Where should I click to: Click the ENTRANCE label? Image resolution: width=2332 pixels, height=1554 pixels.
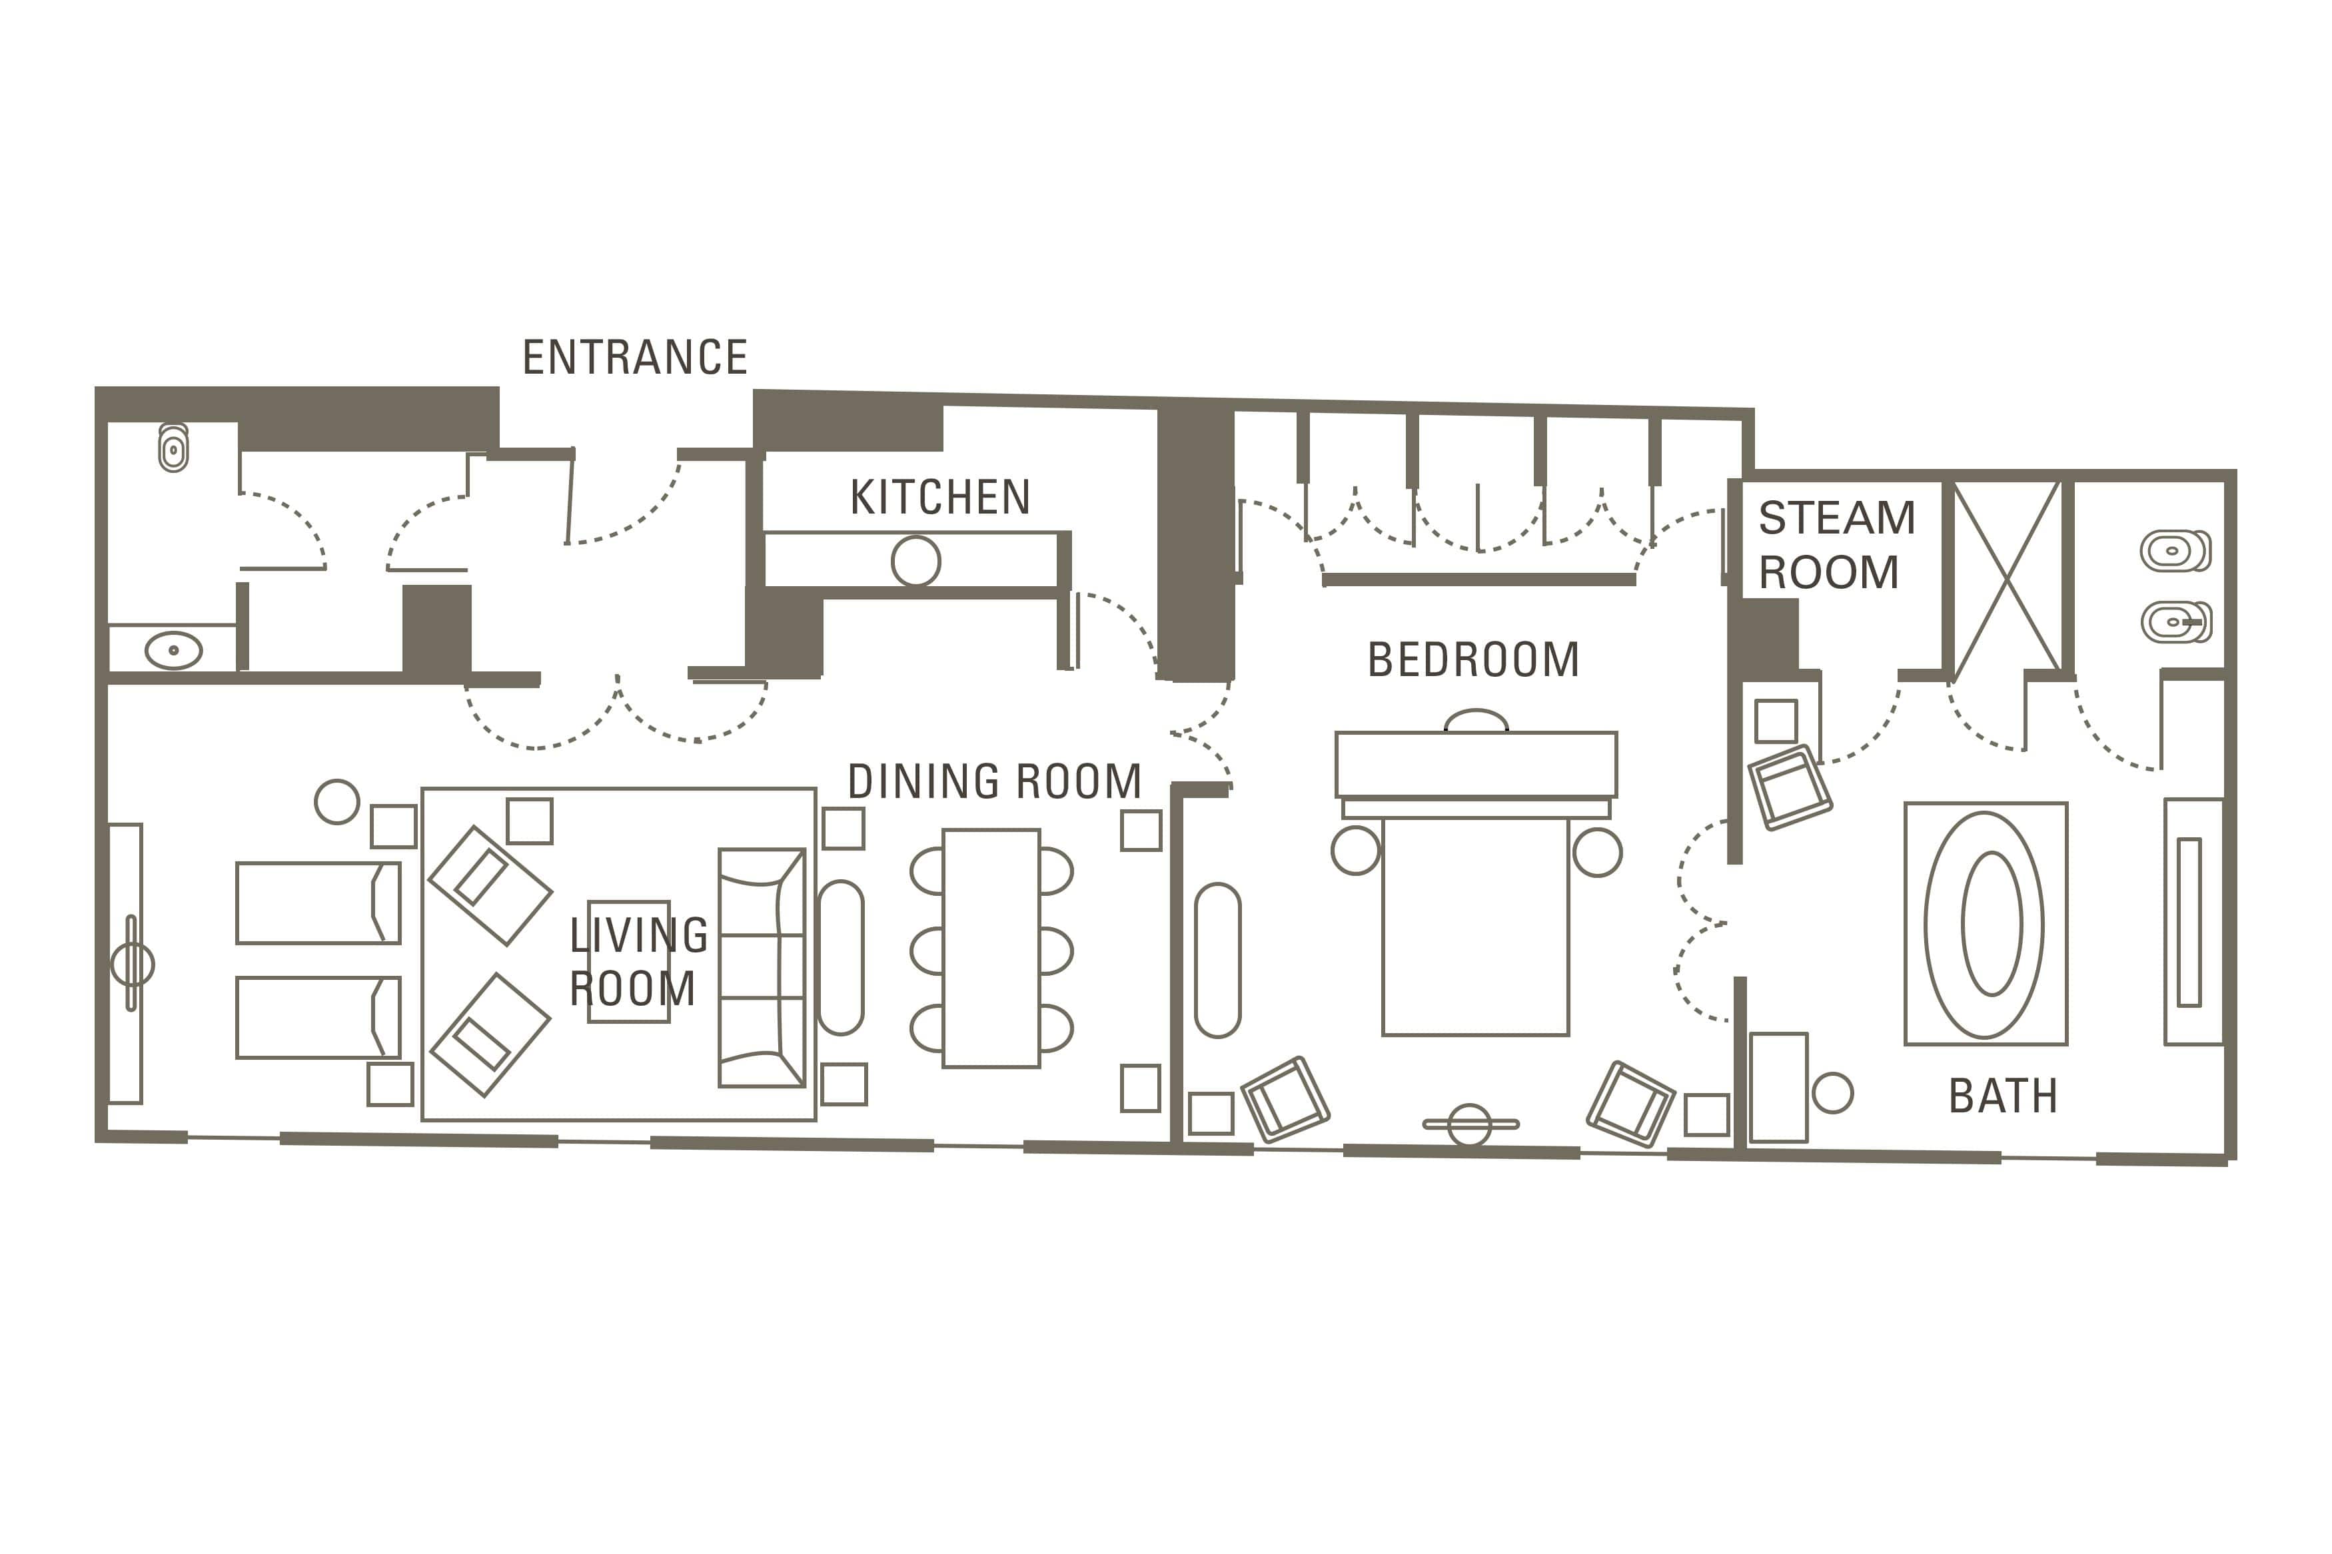click(634, 358)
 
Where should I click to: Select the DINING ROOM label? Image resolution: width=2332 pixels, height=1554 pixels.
click(994, 782)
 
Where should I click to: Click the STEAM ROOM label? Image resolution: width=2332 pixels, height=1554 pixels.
click(1836, 545)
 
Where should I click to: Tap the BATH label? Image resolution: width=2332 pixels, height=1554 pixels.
click(2003, 1097)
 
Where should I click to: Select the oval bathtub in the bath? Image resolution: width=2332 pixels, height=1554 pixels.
click(1984, 925)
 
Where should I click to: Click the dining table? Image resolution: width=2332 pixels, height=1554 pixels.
click(991, 949)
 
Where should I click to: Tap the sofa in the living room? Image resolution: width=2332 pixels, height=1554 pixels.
click(761, 969)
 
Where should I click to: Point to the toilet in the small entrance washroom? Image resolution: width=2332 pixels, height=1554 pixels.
click(173, 449)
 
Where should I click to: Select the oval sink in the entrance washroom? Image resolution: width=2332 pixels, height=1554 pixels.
click(173, 651)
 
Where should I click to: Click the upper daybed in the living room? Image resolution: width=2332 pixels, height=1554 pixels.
click(318, 903)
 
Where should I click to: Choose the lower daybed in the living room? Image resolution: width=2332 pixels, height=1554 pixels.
click(318, 1018)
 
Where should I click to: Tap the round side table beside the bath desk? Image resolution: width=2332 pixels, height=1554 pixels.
click(1832, 1093)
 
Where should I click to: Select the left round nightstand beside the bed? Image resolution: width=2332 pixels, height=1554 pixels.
click(1356, 851)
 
